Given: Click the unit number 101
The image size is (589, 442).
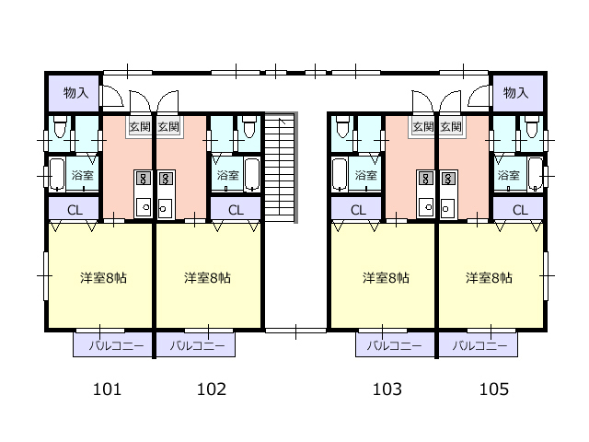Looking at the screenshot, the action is click(x=107, y=389).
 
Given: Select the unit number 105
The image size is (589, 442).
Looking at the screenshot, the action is click(x=494, y=389).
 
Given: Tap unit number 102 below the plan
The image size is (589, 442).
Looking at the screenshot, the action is click(x=212, y=389).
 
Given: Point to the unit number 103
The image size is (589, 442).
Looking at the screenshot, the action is click(x=387, y=389).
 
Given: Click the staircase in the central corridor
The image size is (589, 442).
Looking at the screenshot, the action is click(x=281, y=168).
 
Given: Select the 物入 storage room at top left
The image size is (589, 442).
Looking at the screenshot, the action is click(x=74, y=93).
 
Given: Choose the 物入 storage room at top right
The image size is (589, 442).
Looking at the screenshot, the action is click(x=517, y=93).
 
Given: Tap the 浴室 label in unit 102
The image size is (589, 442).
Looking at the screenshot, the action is click(x=227, y=175).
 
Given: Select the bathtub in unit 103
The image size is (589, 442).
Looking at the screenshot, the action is click(x=340, y=174).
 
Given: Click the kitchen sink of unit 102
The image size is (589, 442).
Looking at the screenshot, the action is click(x=165, y=208).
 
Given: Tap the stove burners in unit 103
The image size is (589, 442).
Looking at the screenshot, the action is click(x=425, y=178).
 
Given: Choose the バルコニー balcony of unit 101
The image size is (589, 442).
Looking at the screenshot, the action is click(x=112, y=344).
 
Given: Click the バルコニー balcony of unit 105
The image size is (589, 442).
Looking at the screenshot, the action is click(x=479, y=344).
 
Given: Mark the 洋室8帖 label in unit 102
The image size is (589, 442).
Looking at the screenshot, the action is click(x=207, y=278).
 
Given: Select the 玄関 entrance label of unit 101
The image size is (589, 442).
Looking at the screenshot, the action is click(x=140, y=127).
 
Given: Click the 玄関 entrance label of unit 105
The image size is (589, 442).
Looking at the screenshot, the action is click(x=450, y=127).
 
